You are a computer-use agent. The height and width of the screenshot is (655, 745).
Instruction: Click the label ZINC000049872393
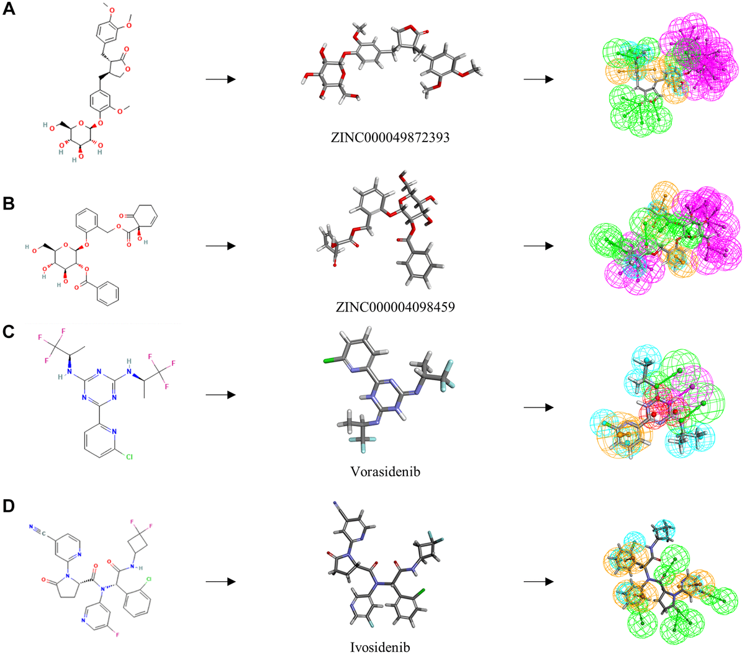[391, 138]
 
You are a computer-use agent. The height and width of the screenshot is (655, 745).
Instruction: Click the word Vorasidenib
[386, 472]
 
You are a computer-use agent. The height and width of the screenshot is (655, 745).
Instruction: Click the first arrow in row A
[220, 79]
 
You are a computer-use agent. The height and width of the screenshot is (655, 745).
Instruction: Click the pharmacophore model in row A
[667, 74]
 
